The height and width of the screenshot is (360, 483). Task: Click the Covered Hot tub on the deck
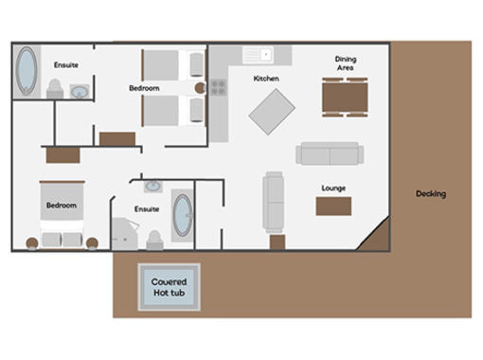pos(169,287)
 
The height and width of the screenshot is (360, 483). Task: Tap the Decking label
pos(431,193)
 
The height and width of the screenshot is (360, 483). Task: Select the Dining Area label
pos(346,63)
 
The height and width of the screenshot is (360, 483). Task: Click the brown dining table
pos(345,98)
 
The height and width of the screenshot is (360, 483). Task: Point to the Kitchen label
pos(266,79)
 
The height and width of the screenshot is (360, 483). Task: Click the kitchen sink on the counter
pos(258,55)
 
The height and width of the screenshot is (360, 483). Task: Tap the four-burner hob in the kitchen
pos(218,87)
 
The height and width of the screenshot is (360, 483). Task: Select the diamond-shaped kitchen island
pos(272,112)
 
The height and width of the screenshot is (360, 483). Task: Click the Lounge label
pos(333,188)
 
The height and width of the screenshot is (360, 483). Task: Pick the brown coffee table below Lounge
pos(333,207)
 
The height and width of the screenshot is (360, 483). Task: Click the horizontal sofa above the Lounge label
pos(330,153)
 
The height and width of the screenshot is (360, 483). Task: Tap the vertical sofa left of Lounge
pos(274,202)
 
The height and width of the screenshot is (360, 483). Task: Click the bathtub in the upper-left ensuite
pos(27,71)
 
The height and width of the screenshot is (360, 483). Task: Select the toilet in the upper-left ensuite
pos(55,89)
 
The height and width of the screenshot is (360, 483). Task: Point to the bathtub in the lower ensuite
pos(183,215)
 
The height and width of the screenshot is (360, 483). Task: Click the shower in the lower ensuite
pos(125,234)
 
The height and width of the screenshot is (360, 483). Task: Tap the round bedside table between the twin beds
pos(200,88)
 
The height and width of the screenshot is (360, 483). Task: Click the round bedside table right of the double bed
pos(92,243)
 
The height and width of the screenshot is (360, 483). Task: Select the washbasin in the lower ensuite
pos(153,186)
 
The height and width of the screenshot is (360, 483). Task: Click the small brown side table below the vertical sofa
pos(277,242)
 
